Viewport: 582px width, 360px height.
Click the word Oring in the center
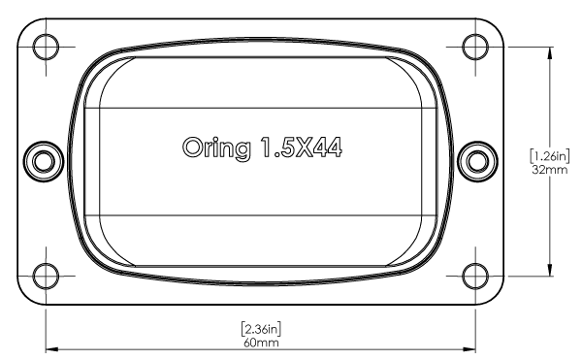pyautogui.click(x=216, y=148)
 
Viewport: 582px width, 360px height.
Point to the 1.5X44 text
pyautogui.click(x=301, y=147)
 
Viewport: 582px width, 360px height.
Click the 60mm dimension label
pyautogui.click(x=261, y=343)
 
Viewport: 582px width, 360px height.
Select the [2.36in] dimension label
pyautogui.click(x=261, y=329)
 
